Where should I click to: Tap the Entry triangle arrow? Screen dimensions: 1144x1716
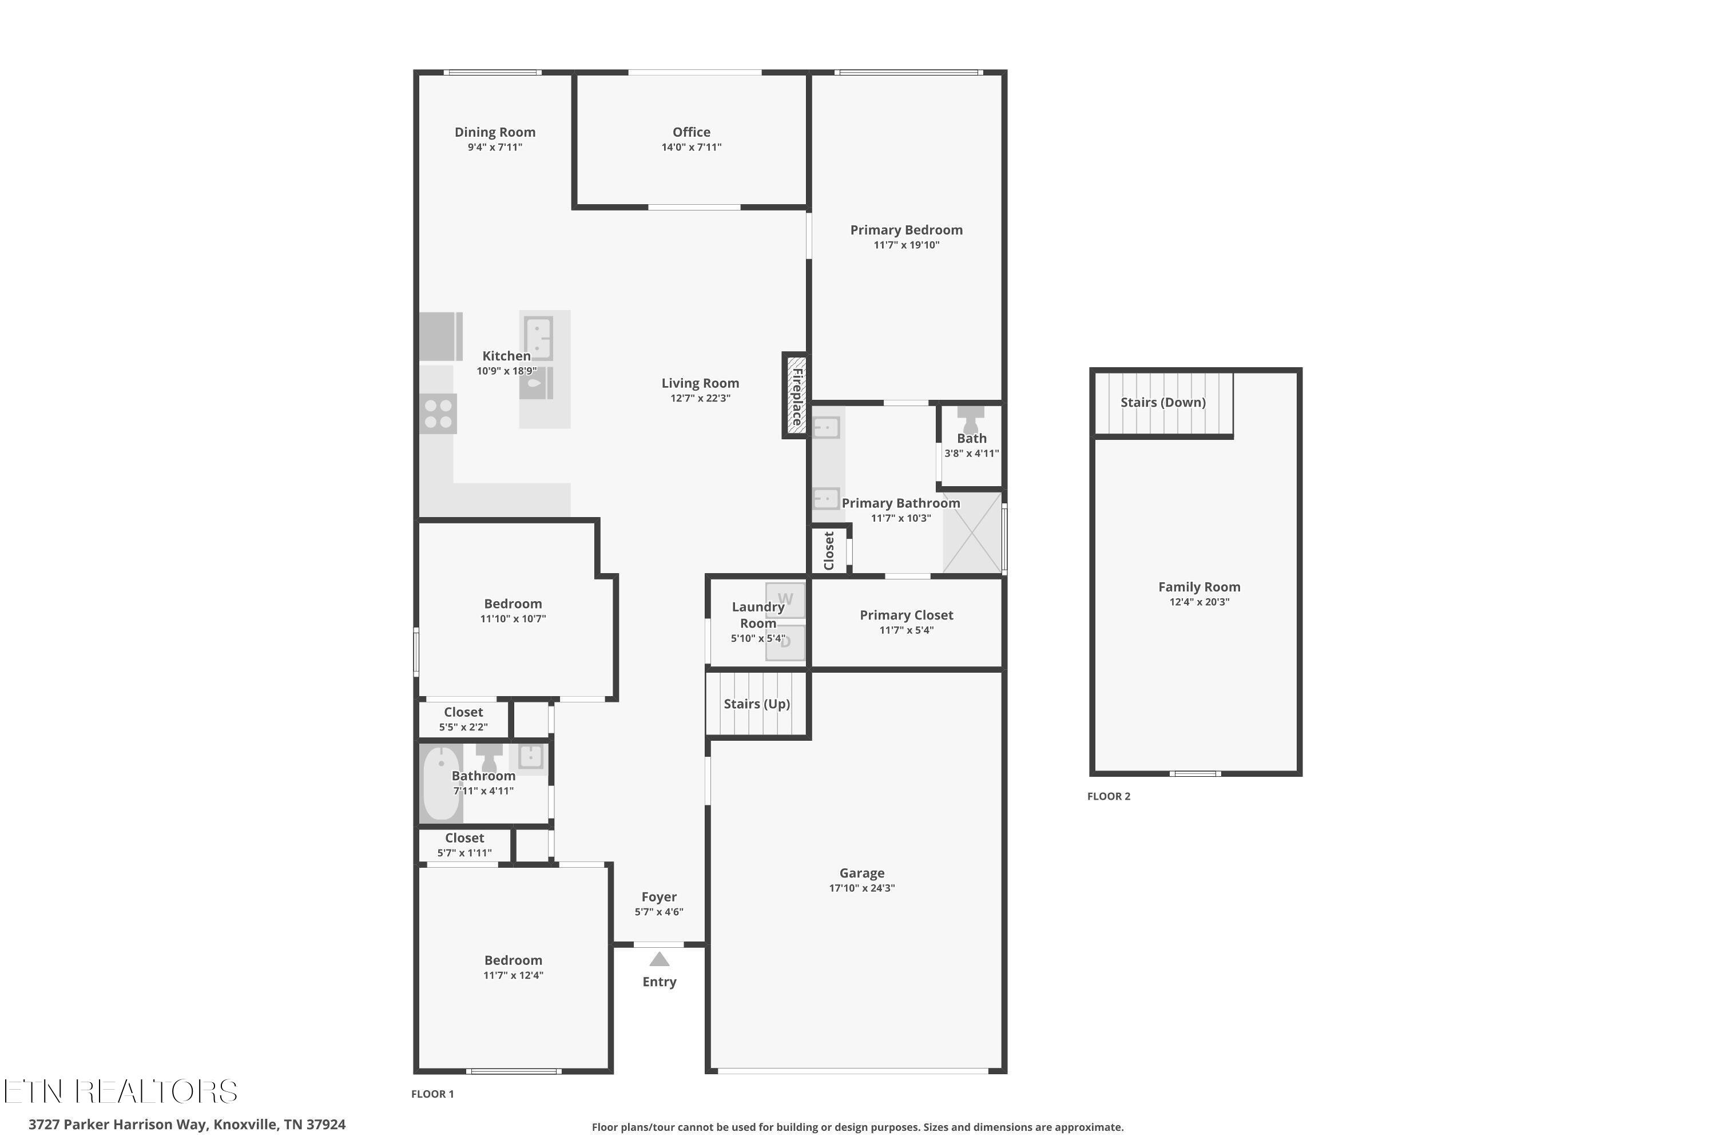[659, 959]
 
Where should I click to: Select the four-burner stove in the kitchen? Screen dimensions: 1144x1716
[438, 414]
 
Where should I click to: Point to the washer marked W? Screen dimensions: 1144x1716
[785, 599]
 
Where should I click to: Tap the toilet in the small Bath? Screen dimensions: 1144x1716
[970, 419]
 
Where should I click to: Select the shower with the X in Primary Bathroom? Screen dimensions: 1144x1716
[972, 533]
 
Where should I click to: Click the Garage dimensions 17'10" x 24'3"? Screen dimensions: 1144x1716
[861, 888]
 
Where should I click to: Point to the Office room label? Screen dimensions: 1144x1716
[691, 132]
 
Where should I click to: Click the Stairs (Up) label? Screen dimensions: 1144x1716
[757, 704]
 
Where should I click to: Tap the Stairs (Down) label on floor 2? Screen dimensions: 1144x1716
[1163, 402]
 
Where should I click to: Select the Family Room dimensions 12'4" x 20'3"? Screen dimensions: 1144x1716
[1199, 602]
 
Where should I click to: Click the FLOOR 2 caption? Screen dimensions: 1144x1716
[1109, 796]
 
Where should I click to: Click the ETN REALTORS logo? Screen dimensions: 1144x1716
[120, 1091]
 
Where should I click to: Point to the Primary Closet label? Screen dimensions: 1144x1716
[906, 615]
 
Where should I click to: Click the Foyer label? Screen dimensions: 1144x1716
[659, 897]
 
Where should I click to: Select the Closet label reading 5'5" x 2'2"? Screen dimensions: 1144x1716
[463, 712]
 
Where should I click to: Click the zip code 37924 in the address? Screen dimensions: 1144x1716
[325, 1125]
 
